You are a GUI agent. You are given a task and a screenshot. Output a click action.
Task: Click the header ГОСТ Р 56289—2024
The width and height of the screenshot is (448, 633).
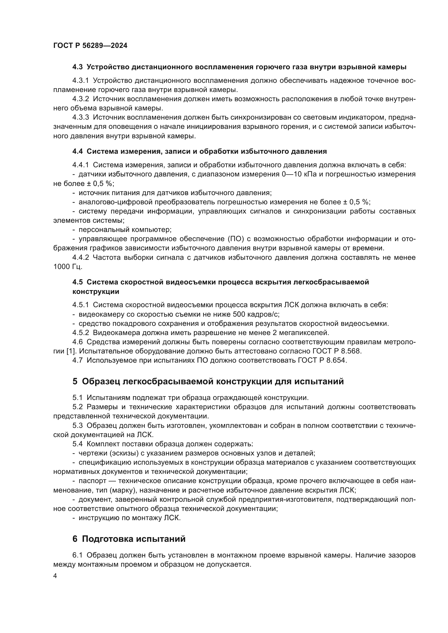click(90, 46)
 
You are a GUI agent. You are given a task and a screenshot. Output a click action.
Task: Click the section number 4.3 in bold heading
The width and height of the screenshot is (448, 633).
click(77, 67)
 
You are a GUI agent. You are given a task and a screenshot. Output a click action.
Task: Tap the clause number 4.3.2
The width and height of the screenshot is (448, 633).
click(80, 99)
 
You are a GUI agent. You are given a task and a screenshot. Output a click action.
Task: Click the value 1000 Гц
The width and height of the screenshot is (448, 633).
click(68, 267)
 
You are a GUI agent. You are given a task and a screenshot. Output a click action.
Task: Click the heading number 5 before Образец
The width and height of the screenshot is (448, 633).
click(75, 382)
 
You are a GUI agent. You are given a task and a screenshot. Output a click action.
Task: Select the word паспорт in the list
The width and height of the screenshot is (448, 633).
click(92, 481)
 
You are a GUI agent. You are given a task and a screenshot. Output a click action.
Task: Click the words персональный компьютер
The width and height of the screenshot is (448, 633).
click(125, 230)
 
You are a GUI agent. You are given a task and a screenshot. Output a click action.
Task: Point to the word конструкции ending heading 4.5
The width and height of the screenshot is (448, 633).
click(96, 292)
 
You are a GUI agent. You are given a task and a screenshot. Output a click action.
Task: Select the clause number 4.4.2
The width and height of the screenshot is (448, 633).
click(80, 257)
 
